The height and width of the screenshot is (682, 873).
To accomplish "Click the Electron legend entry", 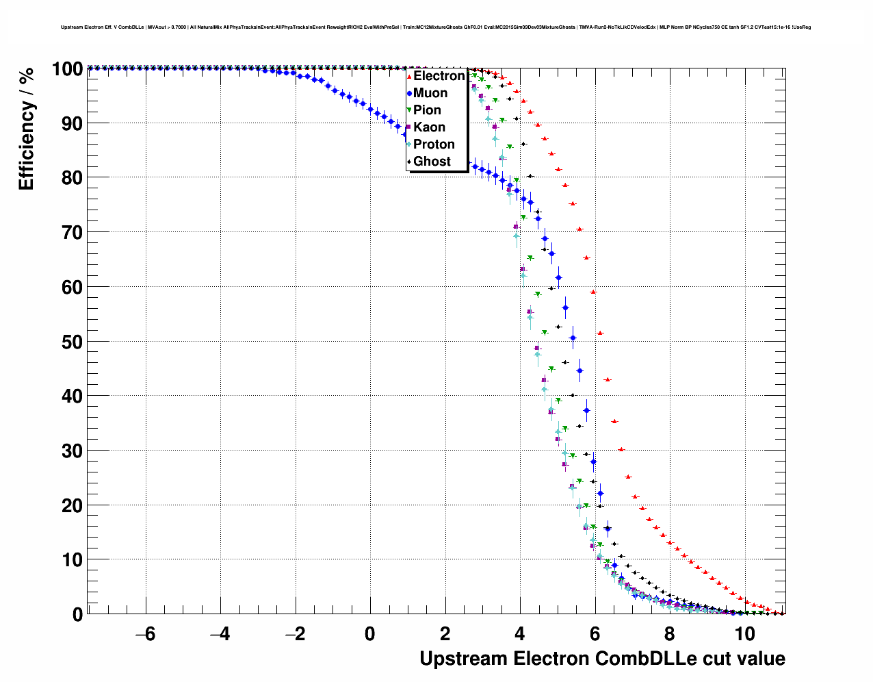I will [439, 76].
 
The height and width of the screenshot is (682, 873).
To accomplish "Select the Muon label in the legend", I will [430, 93].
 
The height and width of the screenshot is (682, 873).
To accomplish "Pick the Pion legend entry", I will [427, 110].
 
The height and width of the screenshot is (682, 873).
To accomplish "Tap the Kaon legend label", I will [429, 127].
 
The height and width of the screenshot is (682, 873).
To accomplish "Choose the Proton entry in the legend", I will [434, 144].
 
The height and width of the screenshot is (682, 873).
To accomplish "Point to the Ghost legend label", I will [432, 162].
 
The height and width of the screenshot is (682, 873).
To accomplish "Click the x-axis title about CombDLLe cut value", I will [602, 659].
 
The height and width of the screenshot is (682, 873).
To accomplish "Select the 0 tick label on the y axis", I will [77, 615].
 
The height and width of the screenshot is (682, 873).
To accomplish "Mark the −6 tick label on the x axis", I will [145, 634].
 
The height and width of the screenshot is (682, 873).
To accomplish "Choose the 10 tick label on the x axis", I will [744, 634].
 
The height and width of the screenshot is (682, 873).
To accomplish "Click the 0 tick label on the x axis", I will [370, 634].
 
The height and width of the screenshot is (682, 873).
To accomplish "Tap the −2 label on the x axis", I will [295, 634].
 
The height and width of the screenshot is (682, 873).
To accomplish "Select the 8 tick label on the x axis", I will [670, 634].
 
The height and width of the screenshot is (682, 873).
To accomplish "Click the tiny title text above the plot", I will [436, 27].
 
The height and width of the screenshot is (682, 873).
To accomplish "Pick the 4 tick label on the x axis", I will [520, 634].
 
